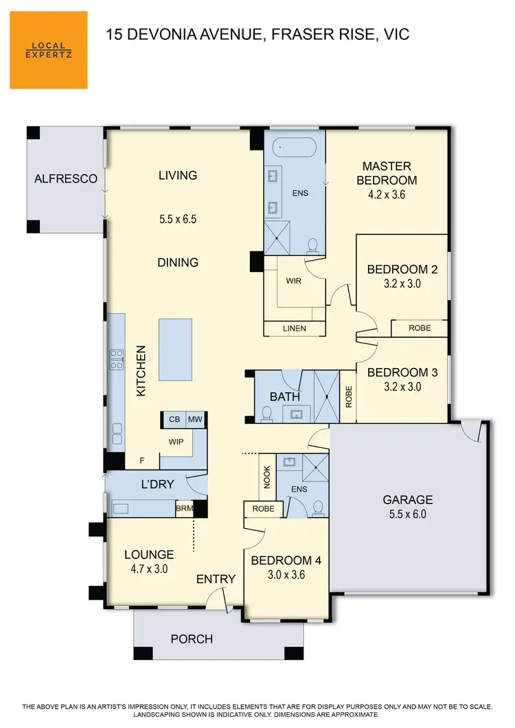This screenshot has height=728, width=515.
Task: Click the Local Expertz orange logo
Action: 48,49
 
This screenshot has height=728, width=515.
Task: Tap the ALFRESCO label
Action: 66,179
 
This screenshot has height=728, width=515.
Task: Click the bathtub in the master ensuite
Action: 295,147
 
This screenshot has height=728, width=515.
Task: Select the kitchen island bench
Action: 176,349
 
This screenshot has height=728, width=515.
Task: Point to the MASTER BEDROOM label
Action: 387,173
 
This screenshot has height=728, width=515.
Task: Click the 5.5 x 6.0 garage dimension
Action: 408,513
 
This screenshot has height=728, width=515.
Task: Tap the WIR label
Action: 295,281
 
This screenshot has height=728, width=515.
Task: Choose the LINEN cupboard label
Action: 295,329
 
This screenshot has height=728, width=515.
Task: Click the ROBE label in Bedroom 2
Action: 420,328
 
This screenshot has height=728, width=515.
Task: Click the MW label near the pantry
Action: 194,420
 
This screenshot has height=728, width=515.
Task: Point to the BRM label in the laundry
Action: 184,509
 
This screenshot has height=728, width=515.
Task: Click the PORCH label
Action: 192,639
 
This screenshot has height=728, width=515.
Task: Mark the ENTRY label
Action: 216,579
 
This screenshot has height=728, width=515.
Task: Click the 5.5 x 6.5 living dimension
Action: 178,220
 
